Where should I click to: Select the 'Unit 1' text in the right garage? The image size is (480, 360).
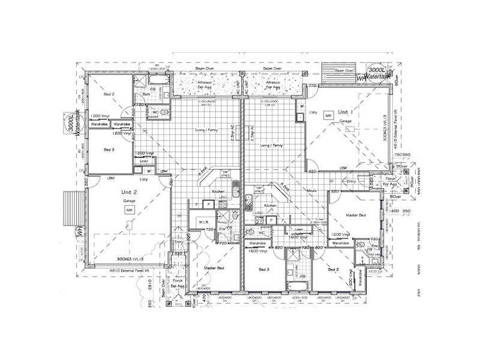344,113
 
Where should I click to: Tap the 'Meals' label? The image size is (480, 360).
312,191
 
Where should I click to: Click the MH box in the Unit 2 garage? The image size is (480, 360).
128,210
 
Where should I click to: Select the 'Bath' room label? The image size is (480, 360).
146,94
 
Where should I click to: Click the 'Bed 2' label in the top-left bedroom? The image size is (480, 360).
109,94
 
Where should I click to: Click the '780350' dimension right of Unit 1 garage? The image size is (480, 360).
402,154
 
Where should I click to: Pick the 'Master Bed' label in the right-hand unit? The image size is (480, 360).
355,214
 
